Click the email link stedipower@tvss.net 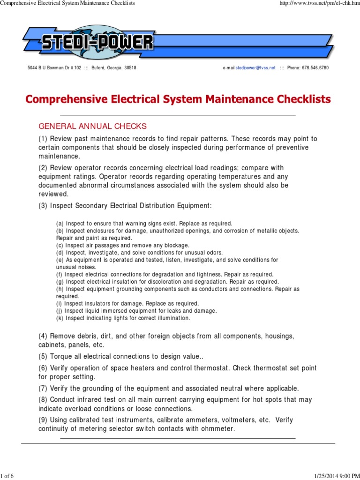coord(255,68)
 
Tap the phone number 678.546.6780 coord(315,68)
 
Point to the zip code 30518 coord(130,68)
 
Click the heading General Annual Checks coord(92,126)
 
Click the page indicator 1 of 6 coord(7,476)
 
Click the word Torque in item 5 coord(61,356)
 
